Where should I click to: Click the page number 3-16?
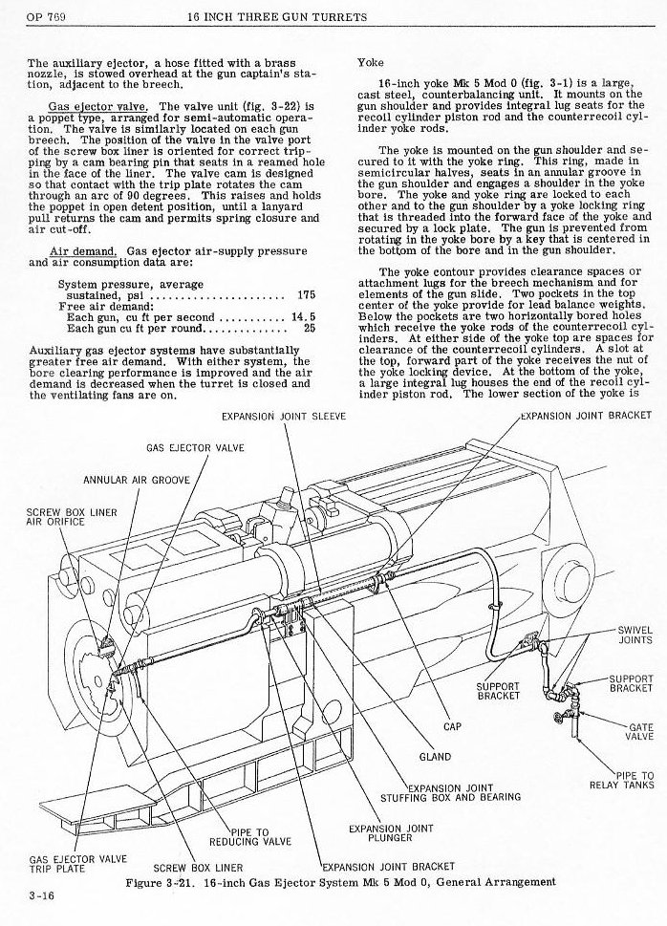[41, 895]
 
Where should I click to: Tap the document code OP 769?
[46, 17]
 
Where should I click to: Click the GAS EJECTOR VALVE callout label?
[195, 447]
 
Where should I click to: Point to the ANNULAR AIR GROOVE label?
[137, 480]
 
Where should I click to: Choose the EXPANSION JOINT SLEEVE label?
[284, 416]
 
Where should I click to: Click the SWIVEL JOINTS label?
[635, 635]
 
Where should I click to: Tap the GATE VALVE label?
[639, 732]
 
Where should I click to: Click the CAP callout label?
[452, 727]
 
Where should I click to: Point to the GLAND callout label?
[435, 758]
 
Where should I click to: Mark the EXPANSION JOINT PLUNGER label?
[391, 833]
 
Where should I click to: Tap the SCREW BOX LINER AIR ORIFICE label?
[72, 517]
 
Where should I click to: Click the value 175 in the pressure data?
[306, 296]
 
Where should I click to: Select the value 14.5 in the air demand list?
[304, 317]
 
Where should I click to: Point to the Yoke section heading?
[371, 63]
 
